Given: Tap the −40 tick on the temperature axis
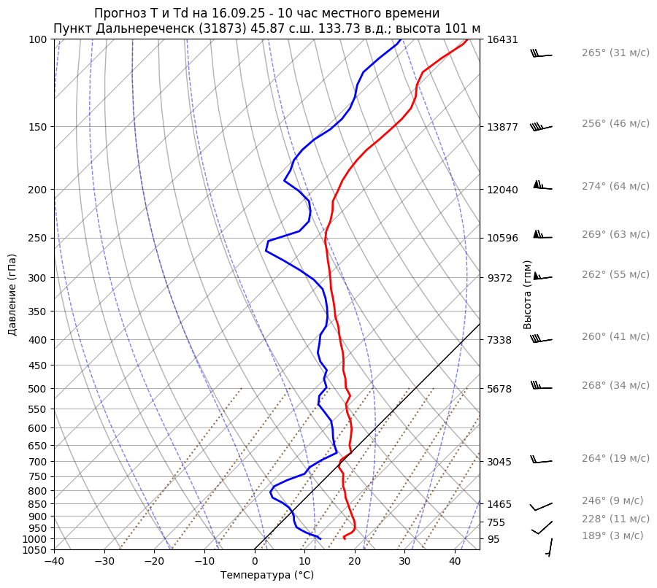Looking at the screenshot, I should (54, 562).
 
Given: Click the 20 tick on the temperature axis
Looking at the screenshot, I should (355, 562).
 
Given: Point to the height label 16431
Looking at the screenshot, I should (502, 39).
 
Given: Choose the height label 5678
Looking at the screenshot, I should (500, 389).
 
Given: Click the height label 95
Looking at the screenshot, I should (494, 539).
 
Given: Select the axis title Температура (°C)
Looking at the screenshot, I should (267, 576).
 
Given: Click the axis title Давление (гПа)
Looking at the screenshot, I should (12, 295).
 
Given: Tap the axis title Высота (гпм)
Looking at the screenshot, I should (527, 295).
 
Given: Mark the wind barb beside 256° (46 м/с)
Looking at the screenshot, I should (541, 127).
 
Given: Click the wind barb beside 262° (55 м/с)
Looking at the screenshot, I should (542, 276).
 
